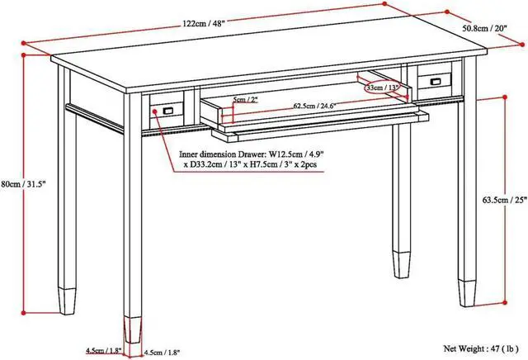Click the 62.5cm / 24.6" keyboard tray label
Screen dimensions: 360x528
(311, 107)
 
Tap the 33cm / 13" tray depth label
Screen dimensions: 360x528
(382, 88)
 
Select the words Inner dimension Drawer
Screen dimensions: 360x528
(222, 154)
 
